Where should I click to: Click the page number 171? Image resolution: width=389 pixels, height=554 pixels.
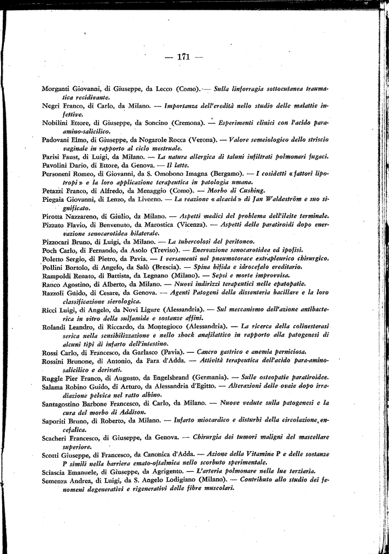point(184,56)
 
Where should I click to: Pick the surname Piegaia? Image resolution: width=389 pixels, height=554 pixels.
point(55,199)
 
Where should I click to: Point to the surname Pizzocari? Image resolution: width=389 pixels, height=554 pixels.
point(57,241)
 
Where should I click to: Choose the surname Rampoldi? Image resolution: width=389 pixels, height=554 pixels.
point(57,275)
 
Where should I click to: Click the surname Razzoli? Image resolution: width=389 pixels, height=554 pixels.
point(55,293)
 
